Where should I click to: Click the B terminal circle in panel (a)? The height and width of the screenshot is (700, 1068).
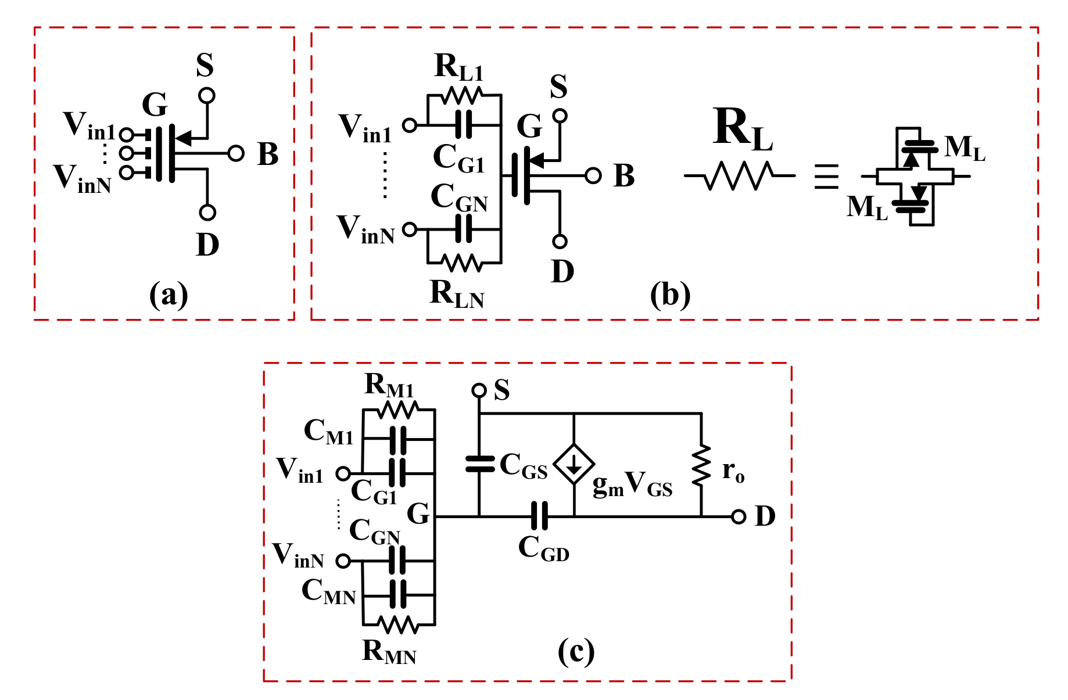pyautogui.click(x=235, y=153)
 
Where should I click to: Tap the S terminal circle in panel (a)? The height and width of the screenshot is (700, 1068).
pyautogui.click(x=207, y=96)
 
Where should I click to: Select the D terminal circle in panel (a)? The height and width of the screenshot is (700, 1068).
pyautogui.click(x=207, y=213)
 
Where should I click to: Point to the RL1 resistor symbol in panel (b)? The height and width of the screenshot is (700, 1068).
pyautogui.click(x=461, y=95)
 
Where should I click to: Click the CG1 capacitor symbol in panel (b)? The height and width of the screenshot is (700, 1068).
pyautogui.click(x=463, y=124)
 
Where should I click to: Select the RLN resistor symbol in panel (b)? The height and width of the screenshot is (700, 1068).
pyautogui.click(x=461, y=263)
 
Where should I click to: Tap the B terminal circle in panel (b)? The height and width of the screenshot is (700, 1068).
pyautogui.click(x=593, y=175)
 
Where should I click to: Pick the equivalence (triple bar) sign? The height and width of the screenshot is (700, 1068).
pyautogui.click(x=826, y=176)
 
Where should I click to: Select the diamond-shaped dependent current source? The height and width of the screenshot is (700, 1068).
pyautogui.click(x=574, y=464)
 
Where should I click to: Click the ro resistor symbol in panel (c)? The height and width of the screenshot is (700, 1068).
pyautogui.click(x=701, y=465)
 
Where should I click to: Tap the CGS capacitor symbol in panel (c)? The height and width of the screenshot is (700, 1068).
pyautogui.click(x=480, y=464)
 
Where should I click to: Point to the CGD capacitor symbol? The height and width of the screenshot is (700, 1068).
pyautogui.click(x=540, y=516)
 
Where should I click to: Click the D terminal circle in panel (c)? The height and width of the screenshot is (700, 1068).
pyautogui.click(x=738, y=516)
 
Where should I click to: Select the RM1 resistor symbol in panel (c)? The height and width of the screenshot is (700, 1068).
pyautogui.click(x=397, y=410)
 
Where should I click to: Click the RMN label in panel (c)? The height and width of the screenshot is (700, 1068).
pyautogui.click(x=389, y=652)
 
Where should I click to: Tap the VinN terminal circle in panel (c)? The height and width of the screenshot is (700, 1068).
pyautogui.click(x=343, y=561)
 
